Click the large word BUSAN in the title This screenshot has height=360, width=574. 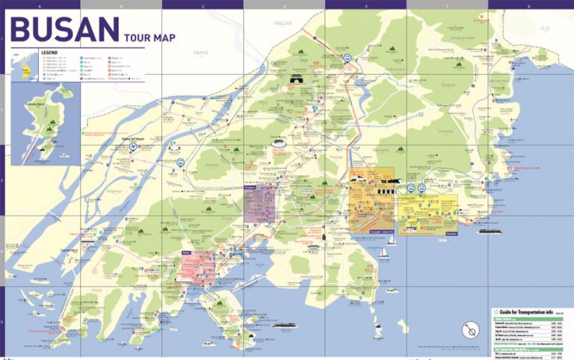tap(64, 30)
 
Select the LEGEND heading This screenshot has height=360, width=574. tap(49, 52)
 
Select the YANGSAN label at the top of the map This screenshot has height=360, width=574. tap(282, 22)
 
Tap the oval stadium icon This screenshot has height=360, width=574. tap(280, 145)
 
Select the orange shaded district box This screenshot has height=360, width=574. tap(372, 200)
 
